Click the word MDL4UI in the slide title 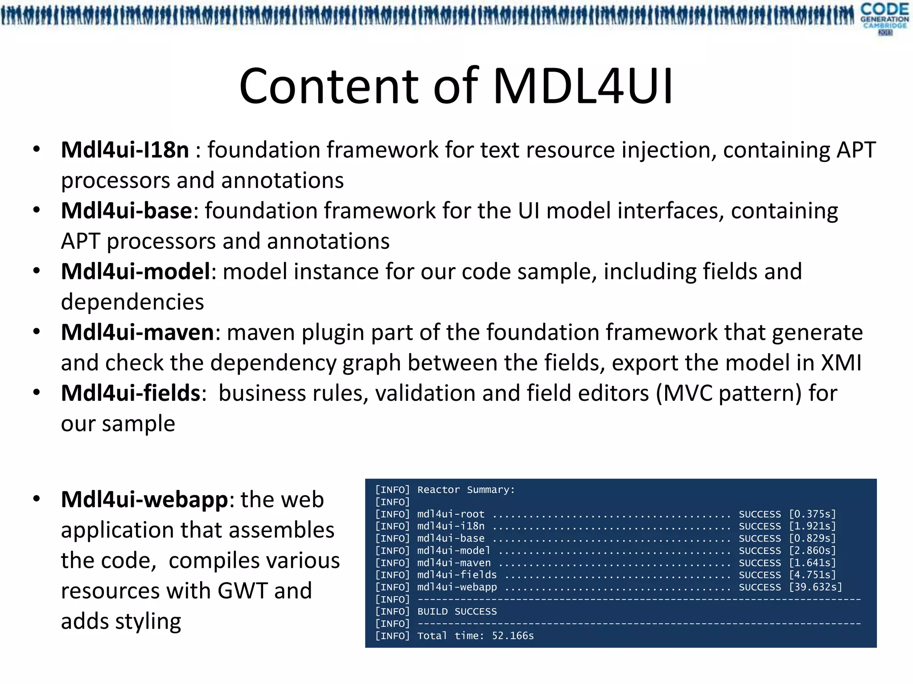[583, 86]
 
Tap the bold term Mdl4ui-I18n [125, 150]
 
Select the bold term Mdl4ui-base [126, 211]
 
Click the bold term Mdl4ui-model [135, 272]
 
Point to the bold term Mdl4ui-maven [137, 333]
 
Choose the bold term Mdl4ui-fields [131, 393]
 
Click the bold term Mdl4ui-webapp [144, 500]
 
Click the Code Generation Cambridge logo [884, 18]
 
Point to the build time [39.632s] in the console [815, 587]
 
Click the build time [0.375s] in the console [812, 514]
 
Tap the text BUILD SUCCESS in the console [456, 612]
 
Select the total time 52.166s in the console [513, 636]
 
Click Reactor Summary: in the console [466, 490]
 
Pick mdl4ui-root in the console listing [450, 514]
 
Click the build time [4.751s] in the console [812, 575]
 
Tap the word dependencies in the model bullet [132, 302]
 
